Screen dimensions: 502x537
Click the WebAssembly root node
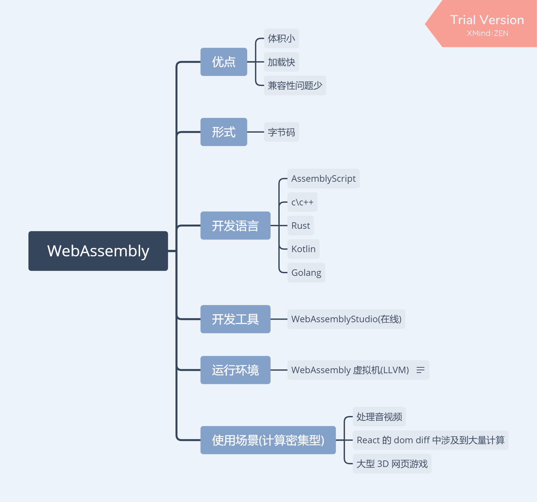[x=98, y=251]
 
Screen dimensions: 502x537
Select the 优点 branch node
[x=224, y=62]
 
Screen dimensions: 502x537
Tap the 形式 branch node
[x=224, y=132]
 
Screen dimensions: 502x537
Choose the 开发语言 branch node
[x=235, y=226]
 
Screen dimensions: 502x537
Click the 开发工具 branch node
[x=235, y=319]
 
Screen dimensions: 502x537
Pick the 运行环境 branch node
[x=235, y=370]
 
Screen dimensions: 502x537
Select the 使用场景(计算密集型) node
[x=268, y=440]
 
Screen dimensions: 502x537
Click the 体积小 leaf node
[x=281, y=39]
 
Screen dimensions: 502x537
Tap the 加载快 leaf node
[x=281, y=62]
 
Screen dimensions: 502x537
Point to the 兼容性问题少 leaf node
[x=295, y=85]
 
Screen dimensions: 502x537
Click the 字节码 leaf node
[x=281, y=132]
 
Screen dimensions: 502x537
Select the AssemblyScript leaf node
[x=323, y=178]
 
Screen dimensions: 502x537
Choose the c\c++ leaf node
[x=302, y=202]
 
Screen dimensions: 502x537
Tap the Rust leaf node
[x=300, y=226]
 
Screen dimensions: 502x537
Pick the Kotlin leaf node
[x=303, y=249]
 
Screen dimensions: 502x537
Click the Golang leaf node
[x=306, y=273]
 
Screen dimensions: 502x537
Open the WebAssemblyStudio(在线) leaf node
[x=346, y=319]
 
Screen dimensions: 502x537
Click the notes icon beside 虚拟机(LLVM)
[x=421, y=370]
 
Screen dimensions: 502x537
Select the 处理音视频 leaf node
[x=379, y=417]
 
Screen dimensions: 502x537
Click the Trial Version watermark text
[x=487, y=20]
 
